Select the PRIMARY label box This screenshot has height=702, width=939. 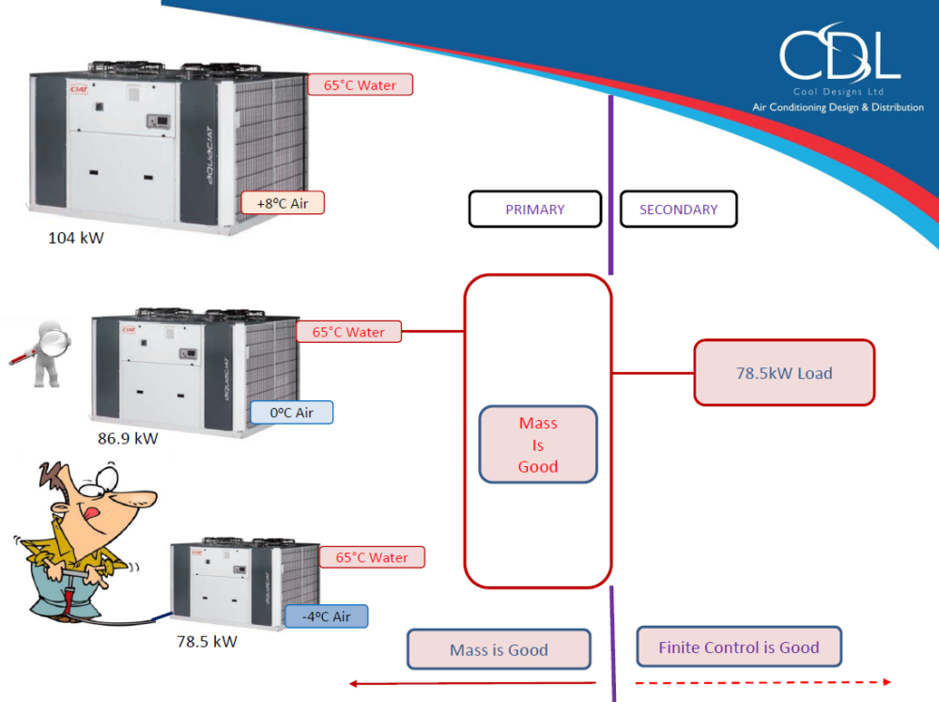(534, 210)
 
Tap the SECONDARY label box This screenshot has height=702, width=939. (678, 210)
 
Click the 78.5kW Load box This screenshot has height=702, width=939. (784, 373)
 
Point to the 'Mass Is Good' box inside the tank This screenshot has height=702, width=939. (538, 445)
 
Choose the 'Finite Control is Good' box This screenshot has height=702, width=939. (738, 647)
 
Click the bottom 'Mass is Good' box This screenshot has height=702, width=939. (499, 649)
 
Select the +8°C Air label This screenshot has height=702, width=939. (283, 202)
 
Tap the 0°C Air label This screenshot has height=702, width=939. (291, 413)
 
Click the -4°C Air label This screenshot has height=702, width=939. (327, 616)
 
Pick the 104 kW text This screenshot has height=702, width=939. (76, 238)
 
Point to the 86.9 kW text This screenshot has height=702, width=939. (128, 438)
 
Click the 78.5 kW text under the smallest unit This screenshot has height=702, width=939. (207, 642)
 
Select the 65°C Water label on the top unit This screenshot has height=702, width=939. (361, 85)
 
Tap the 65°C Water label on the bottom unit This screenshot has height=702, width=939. (373, 557)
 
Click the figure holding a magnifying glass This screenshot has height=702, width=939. (38, 353)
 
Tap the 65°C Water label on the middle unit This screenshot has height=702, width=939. (348, 332)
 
